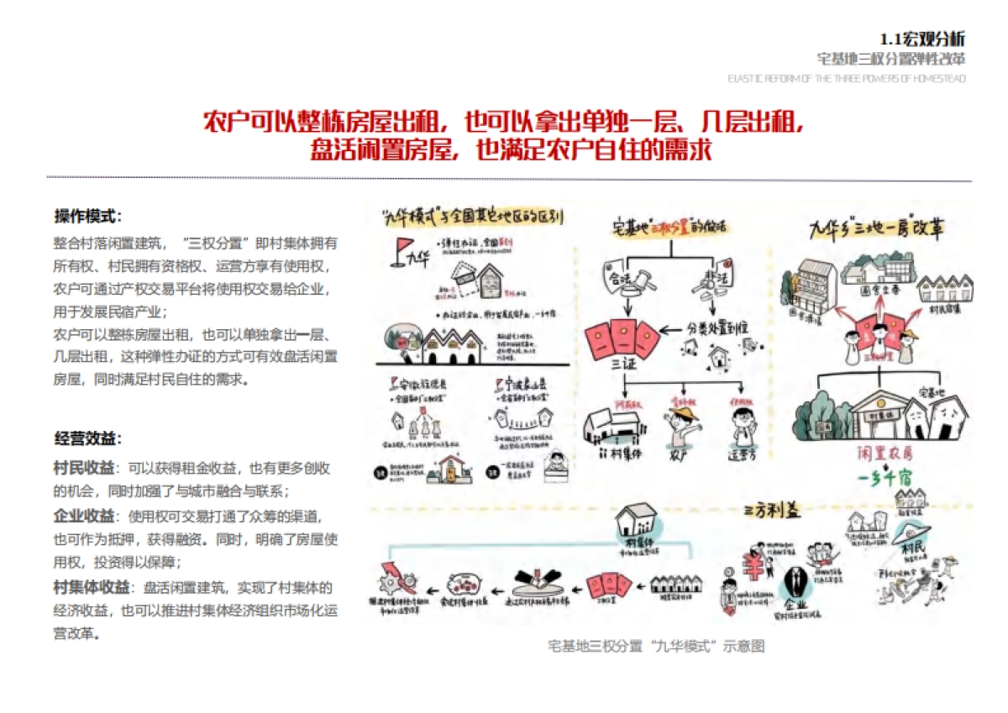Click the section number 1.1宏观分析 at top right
921,39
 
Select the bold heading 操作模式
87,216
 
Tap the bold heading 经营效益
87,438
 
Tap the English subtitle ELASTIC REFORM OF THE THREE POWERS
847,79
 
